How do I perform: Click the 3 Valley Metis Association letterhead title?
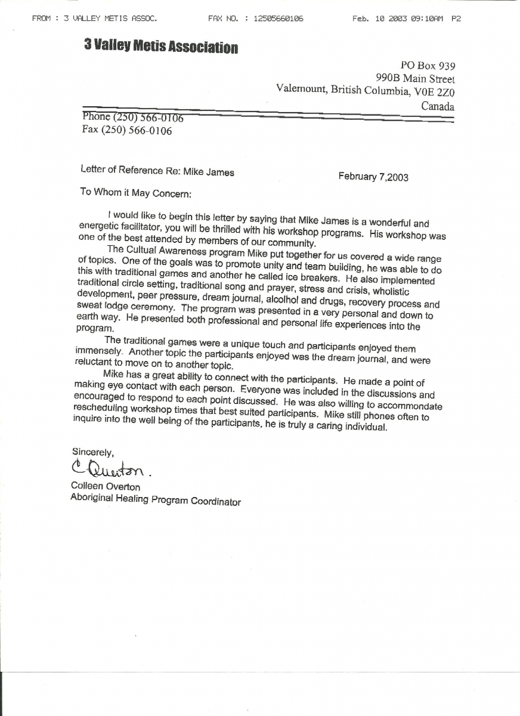[x=161, y=47]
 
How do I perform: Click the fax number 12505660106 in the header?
[x=278, y=18]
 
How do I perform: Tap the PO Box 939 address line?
[x=427, y=66]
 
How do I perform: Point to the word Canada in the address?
[x=437, y=107]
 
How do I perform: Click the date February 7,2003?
[x=373, y=177]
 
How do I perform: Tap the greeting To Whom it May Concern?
[x=136, y=193]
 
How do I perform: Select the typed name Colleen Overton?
[x=106, y=487]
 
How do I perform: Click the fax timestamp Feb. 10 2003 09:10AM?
[x=397, y=18]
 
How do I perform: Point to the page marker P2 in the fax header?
[x=456, y=18]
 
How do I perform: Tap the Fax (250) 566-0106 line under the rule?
[x=127, y=131]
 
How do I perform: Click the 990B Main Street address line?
[x=415, y=78]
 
